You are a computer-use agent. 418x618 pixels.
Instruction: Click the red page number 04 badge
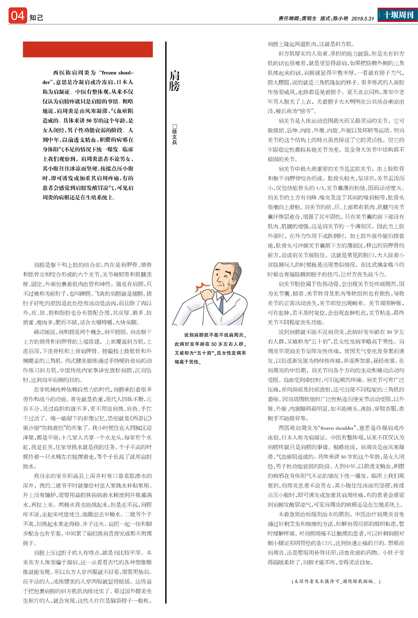pyautogui.click(x=18, y=16)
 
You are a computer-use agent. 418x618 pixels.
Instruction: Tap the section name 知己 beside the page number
pyautogui.click(x=36, y=18)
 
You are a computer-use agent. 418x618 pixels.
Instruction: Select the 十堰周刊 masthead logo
pyautogui.click(x=398, y=15)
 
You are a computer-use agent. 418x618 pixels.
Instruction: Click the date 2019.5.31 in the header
pyautogui.click(x=363, y=19)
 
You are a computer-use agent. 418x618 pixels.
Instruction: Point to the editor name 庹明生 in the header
pyautogui.click(x=309, y=19)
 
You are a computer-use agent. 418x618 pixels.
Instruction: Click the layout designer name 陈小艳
pyautogui.click(x=340, y=19)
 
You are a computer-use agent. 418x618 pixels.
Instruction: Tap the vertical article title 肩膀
pyautogui.click(x=175, y=80)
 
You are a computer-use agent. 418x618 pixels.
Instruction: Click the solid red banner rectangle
pyautogui.click(x=88, y=49)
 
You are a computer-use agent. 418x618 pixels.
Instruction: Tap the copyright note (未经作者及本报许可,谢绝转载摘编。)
pyautogui.click(x=336, y=581)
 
